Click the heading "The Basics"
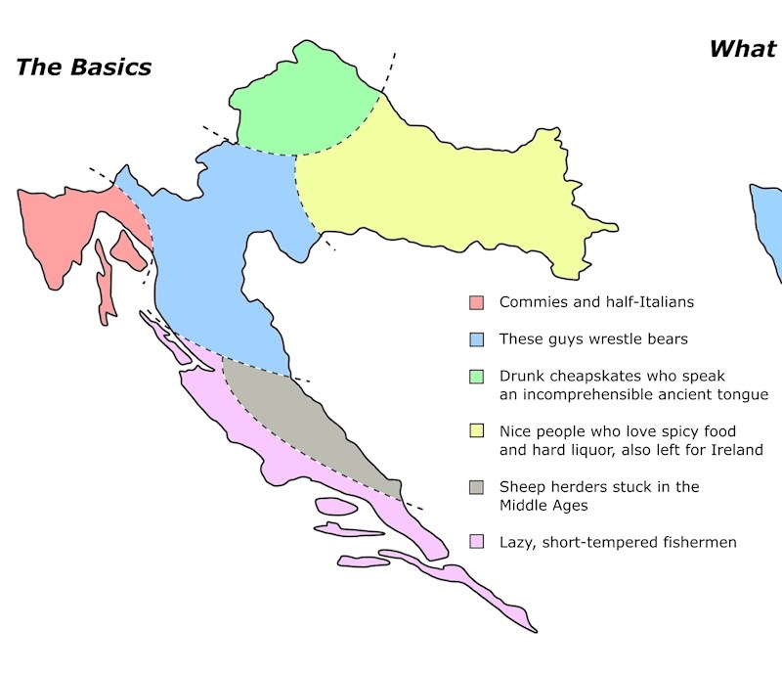click(x=84, y=67)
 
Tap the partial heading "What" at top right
click(x=743, y=49)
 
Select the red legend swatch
click(x=477, y=302)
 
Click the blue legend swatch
click(x=477, y=339)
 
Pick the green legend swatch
click(x=477, y=377)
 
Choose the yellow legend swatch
click(x=477, y=431)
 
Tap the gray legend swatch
click(x=477, y=487)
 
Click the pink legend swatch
click(x=477, y=542)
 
